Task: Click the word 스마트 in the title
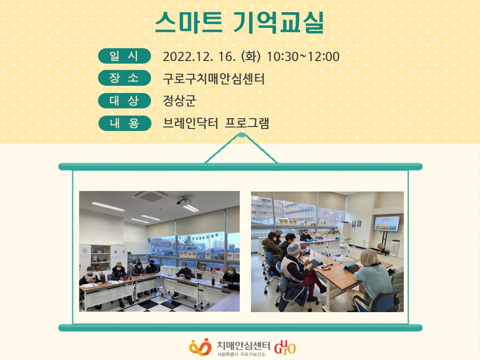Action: point(188,22)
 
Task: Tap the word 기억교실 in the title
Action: point(278,22)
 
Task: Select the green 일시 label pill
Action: point(125,56)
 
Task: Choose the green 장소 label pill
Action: point(125,78)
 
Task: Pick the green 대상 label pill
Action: point(125,101)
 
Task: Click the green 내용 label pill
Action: point(125,124)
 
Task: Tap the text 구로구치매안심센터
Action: point(213,79)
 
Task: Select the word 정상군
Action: point(179,101)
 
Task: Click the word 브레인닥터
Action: point(190,123)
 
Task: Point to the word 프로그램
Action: point(247,123)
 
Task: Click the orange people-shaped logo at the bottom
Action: point(200,347)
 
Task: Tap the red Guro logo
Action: point(285,347)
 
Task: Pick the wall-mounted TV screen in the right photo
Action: point(387,223)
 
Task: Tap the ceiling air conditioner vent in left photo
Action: point(152,196)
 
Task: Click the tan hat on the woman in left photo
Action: point(119,264)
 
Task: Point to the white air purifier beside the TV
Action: point(395,248)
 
